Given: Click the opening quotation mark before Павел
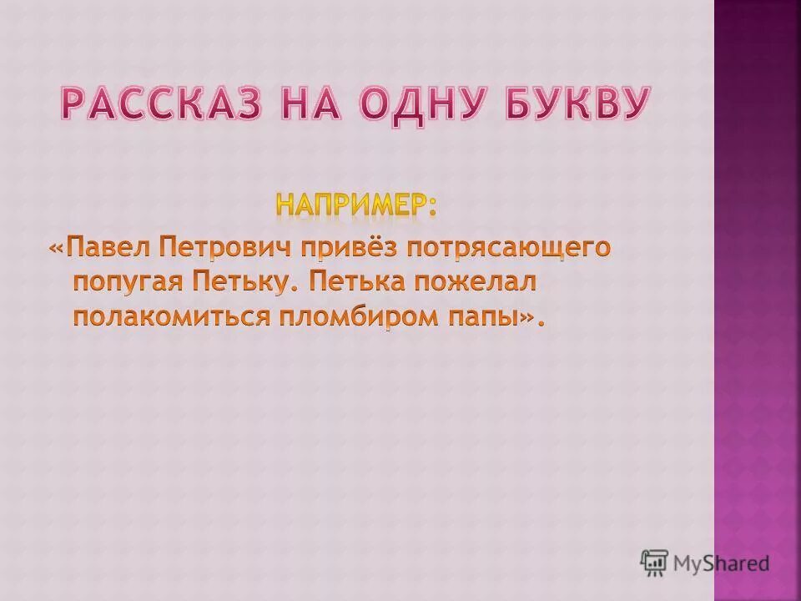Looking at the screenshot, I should (x=56, y=248).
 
